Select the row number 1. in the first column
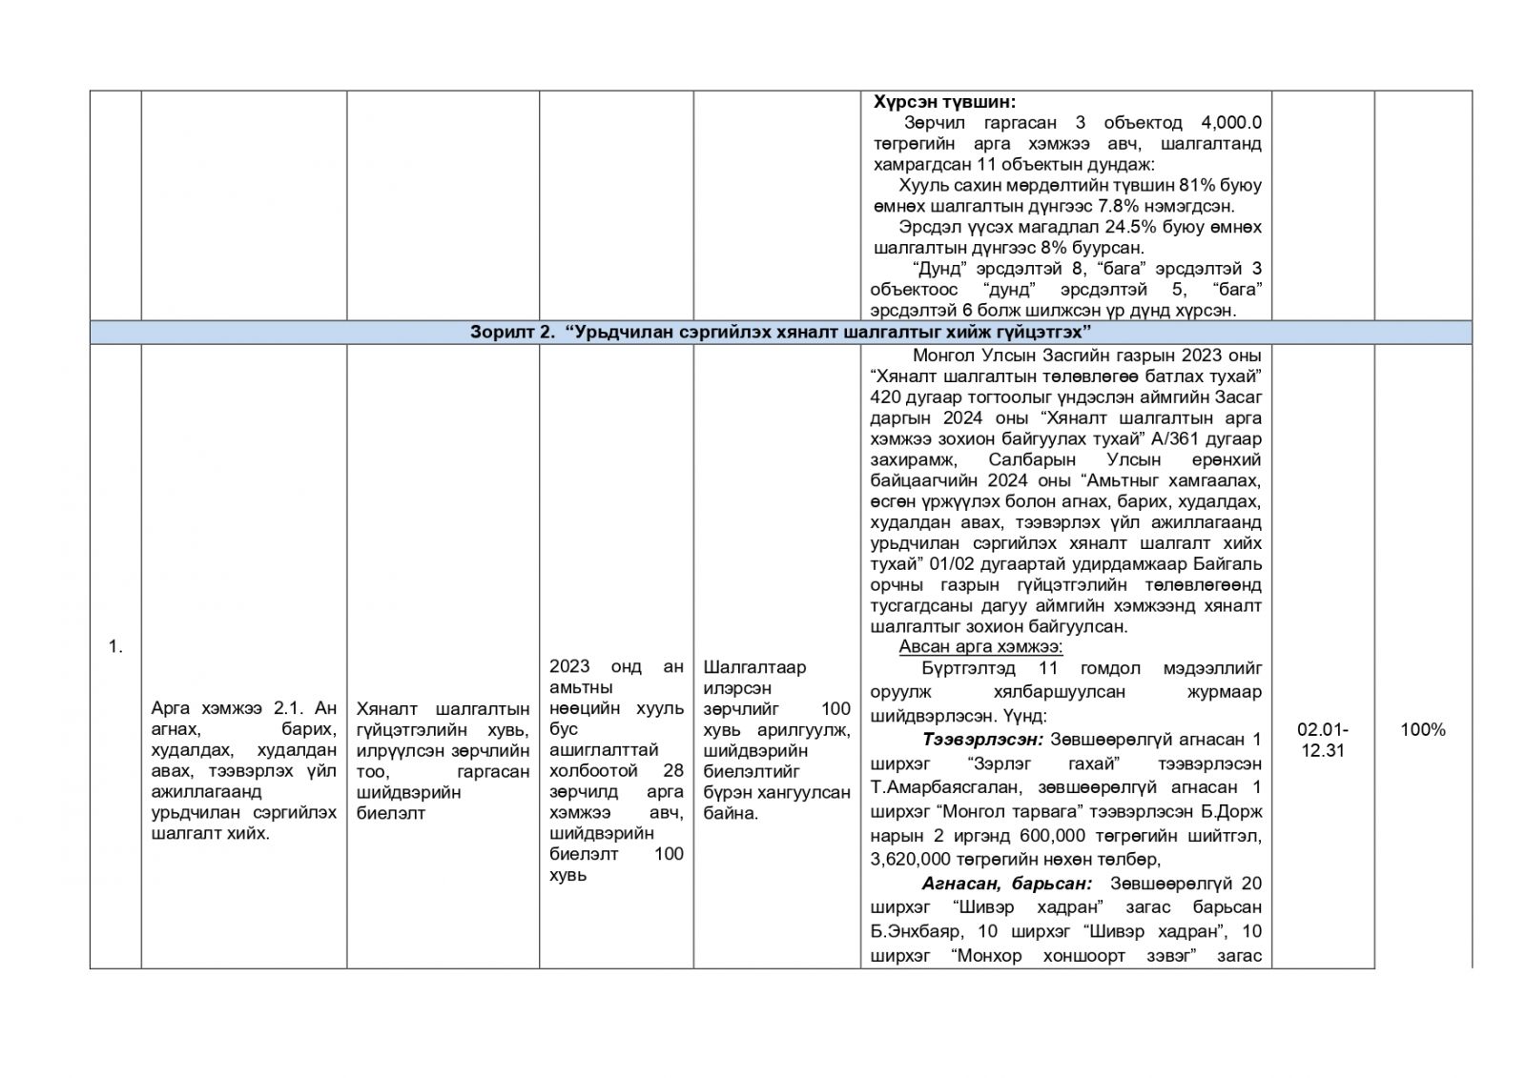click(115, 646)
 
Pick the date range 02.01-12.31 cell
click(1322, 740)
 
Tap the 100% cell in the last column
click(1422, 730)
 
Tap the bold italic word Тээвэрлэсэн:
click(982, 739)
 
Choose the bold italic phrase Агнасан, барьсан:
click(1006, 884)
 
